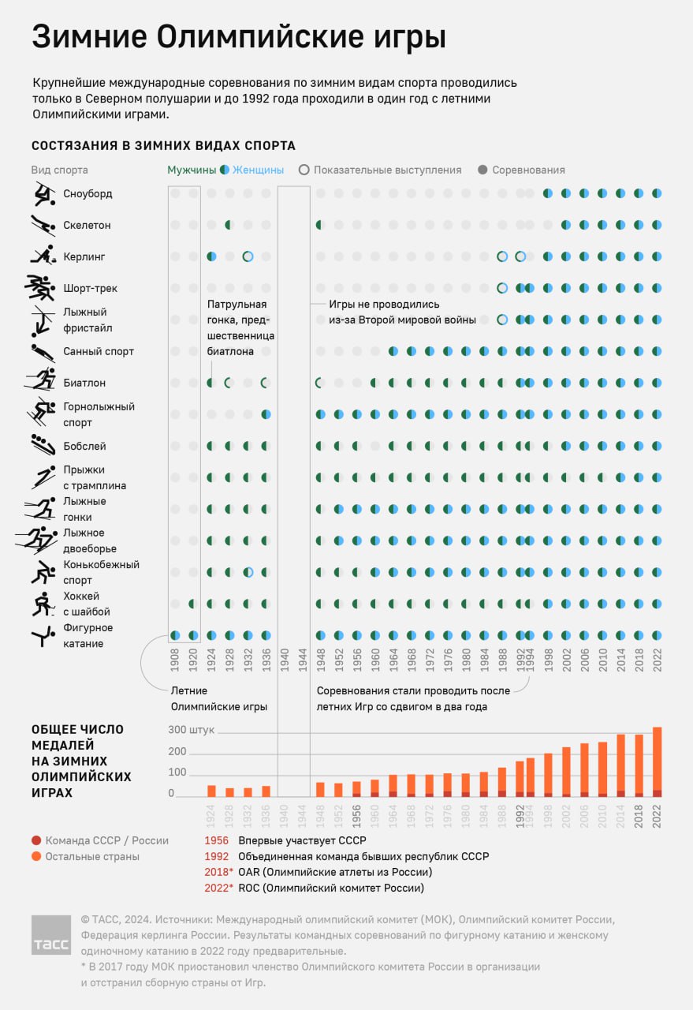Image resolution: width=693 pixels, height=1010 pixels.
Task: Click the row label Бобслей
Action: (84, 447)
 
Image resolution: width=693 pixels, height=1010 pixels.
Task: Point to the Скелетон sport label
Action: (87, 226)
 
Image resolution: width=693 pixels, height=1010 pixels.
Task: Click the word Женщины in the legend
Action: (258, 170)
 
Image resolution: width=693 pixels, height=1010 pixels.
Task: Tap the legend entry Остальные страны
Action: (92, 856)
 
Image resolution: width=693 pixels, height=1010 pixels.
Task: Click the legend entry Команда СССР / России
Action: (106, 840)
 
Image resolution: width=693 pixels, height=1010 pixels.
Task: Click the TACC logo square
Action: (51, 935)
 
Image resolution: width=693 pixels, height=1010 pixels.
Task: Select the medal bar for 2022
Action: (658, 762)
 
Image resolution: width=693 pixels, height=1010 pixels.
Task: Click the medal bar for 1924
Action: (211, 791)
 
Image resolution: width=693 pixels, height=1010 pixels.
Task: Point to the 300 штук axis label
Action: (192, 730)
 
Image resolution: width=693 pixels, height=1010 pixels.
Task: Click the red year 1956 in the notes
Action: (217, 840)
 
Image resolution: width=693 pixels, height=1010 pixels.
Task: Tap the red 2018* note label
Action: (218, 872)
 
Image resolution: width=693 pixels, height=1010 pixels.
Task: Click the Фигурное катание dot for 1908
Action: (175, 635)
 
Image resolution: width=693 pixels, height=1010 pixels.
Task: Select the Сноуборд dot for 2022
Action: (658, 193)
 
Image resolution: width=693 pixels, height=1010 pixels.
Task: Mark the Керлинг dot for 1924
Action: (211, 256)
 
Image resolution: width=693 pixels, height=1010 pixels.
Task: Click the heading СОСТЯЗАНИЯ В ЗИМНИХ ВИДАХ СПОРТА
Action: (163, 146)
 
